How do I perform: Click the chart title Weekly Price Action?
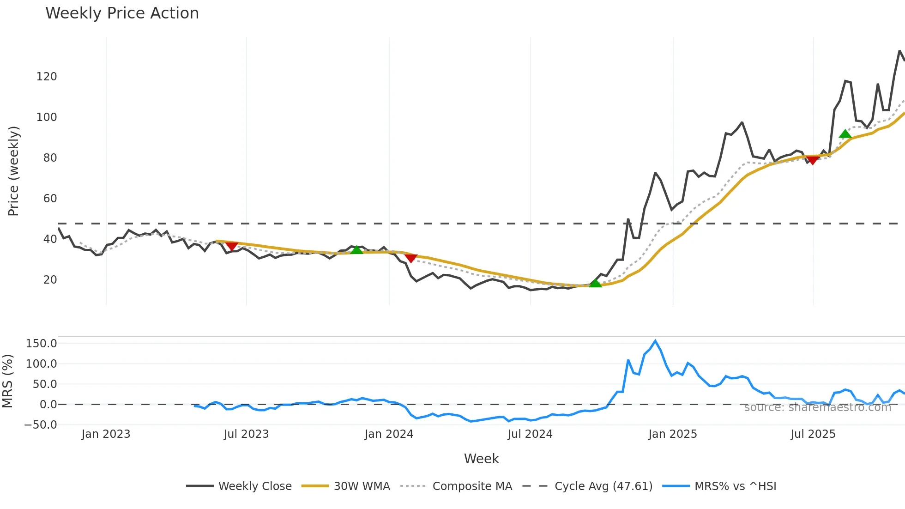(122, 13)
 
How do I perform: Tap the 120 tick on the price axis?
(47, 77)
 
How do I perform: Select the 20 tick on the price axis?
(50, 280)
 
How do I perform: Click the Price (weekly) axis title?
(13, 171)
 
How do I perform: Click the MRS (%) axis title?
(7, 381)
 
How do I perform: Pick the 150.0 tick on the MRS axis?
(42, 344)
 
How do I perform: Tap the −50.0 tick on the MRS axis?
(41, 425)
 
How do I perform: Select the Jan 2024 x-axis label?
(389, 434)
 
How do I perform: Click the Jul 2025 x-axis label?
(813, 434)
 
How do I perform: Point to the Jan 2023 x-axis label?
(106, 434)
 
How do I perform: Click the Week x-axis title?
(481, 459)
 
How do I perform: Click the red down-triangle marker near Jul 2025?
(812, 160)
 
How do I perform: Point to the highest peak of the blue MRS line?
(655, 341)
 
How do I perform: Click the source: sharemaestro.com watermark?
(817, 407)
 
